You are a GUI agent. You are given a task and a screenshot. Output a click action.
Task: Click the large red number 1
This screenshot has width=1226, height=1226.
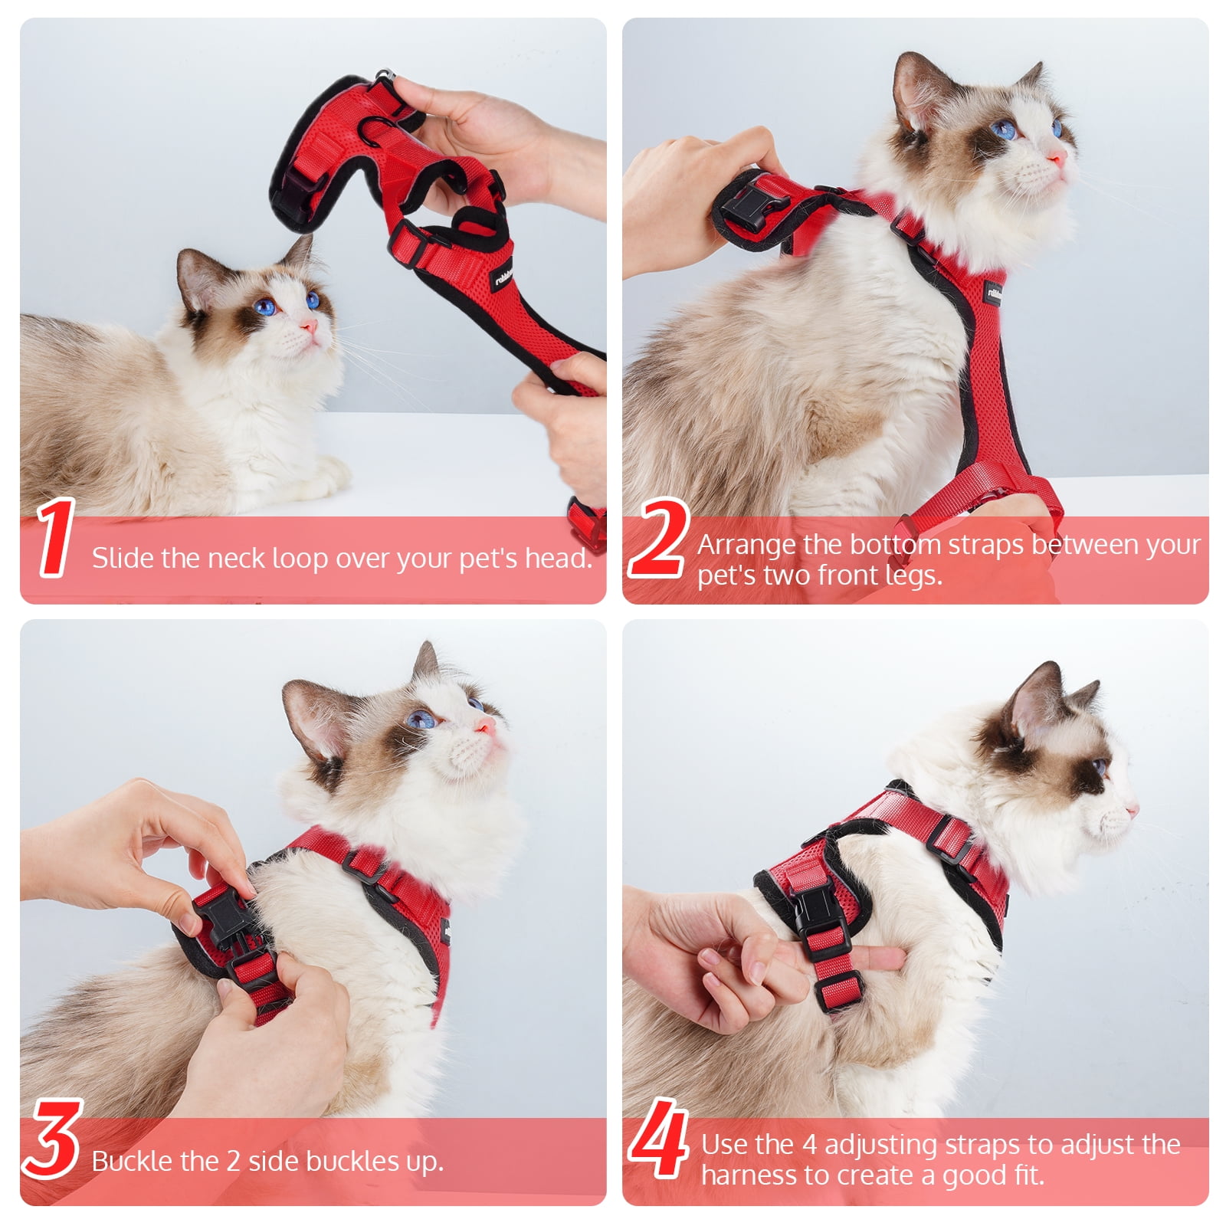tap(55, 538)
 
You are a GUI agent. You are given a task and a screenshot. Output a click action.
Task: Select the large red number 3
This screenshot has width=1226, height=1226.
tap(52, 1139)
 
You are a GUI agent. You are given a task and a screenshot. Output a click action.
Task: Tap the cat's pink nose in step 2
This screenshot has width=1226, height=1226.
tap(1057, 159)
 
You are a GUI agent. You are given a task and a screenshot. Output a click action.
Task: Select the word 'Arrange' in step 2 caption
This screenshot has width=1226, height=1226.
tap(746, 545)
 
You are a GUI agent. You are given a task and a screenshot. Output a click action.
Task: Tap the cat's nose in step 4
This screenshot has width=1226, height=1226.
tap(1132, 809)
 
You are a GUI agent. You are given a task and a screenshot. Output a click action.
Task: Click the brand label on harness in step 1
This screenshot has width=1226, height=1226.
tap(503, 274)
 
